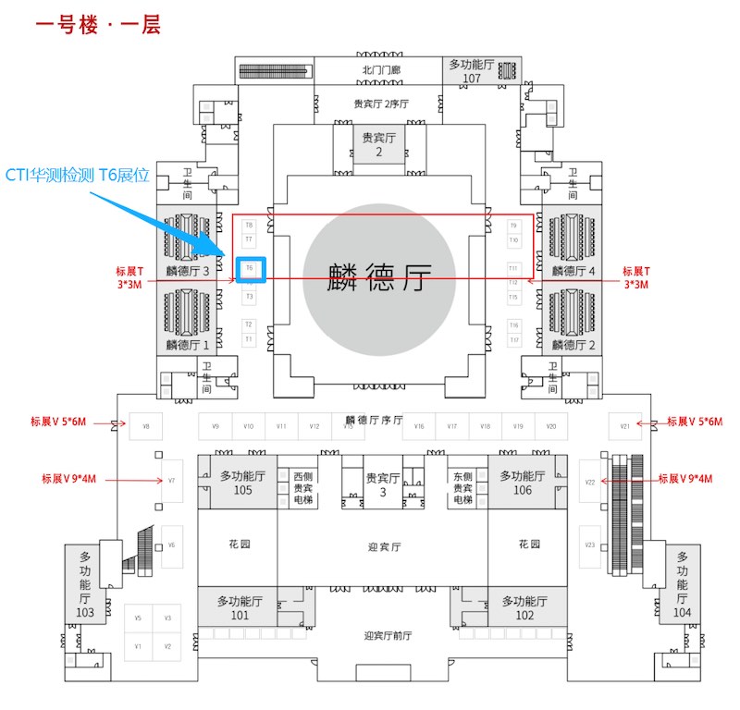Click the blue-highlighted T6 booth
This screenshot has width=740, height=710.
click(x=250, y=269)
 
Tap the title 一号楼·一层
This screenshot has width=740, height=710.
click(x=98, y=25)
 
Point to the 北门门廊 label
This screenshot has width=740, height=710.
click(x=380, y=69)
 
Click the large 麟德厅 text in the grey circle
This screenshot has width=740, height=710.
click(x=379, y=276)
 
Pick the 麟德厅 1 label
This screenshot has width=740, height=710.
click(x=188, y=344)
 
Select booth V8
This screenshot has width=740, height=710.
click(x=145, y=426)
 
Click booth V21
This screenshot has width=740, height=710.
click(x=624, y=426)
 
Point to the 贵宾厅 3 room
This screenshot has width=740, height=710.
click(x=382, y=484)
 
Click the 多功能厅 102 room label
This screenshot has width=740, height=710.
click(x=524, y=607)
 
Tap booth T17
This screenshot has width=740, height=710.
click(x=514, y=340)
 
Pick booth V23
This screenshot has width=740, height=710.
click(x=589, y=545)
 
